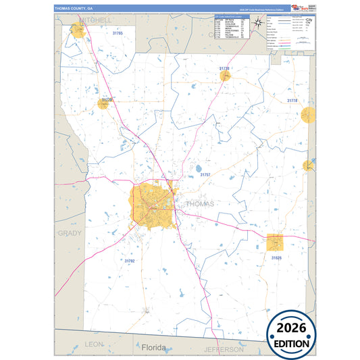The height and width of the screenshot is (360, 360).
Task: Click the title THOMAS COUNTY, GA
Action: (x=74, y=7)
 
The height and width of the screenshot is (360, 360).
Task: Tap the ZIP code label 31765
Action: (x=118, y=32)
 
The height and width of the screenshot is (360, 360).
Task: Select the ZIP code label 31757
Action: (x=205, y=174)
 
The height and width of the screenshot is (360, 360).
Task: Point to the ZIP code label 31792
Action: (x=130, y=261)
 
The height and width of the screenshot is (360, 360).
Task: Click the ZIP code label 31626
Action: (x=276, y=257)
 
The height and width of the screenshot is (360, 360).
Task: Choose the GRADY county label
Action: (x=69, y=233)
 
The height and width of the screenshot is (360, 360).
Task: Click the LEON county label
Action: (x=94, y=344)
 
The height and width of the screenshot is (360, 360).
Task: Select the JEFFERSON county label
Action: (x=223, y=349)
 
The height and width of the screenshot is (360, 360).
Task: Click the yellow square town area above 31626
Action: (x=275, y=242)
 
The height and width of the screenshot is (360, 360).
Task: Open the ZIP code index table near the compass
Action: (x=231, y=27)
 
